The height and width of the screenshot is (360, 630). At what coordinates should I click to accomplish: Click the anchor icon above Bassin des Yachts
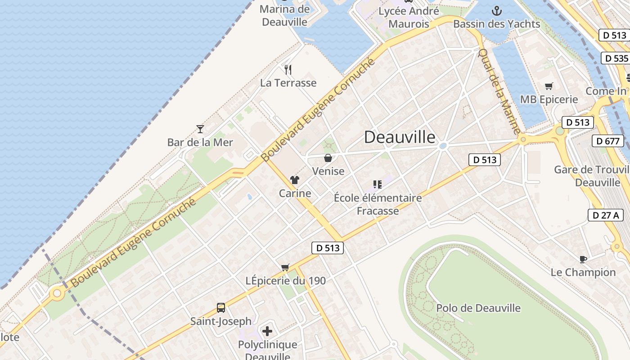(x=497, y=10)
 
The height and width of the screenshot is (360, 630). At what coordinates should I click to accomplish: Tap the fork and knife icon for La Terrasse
(x=288, y=70)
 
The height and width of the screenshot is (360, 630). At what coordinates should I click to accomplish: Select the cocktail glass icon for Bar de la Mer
(x=200, y=129)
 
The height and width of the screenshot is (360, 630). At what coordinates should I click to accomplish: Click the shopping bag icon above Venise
(x=328, y=158)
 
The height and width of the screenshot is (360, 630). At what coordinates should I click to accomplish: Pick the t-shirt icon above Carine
(x=295, y=180)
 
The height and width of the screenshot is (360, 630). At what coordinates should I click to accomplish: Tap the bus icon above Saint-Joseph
(x=220, y=308)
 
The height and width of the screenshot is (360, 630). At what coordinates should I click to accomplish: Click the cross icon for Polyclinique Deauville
(x=267, y=332)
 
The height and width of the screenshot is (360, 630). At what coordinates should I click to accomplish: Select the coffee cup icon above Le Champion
(x=583, y=259)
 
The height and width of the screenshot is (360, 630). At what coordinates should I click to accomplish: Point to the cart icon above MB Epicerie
(x=549, y=86)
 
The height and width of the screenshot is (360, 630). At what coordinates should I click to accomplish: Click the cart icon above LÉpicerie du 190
(x=285, y=267)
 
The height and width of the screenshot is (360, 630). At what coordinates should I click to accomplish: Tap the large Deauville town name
(x=400, y=137)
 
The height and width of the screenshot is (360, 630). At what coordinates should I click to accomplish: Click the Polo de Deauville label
(x=478, y=308)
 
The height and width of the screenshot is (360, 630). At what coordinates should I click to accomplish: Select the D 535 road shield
(x=615, y=58)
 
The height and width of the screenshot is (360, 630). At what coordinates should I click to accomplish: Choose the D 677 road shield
(x=607, y=141)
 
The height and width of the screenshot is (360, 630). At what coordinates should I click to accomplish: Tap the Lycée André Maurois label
(x=409, y=17)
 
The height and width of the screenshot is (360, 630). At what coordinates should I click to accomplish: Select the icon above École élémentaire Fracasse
(x=378, y=184)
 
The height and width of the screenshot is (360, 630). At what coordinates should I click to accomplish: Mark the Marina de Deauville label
(x=285, y=15)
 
